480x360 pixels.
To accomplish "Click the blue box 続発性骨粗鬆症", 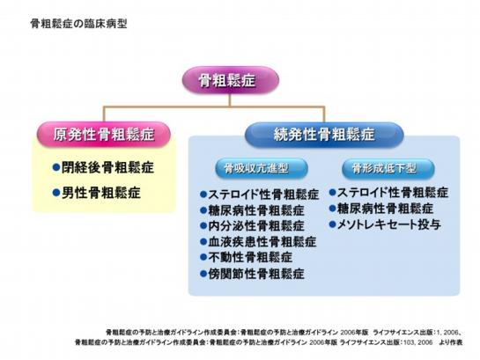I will tap(324, 135).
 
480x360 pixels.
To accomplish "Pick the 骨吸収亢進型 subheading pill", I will tap(254, 167).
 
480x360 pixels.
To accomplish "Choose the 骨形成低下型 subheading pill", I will tap(380, 167).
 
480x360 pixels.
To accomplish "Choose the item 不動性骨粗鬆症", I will tap(251, 257).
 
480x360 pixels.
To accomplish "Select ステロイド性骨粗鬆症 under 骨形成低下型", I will tap(393, 192).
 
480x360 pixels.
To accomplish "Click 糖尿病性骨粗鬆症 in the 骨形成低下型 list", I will tap(387, 209).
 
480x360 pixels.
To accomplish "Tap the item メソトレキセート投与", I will tap(387, 225).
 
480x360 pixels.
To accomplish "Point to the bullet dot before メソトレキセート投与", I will tap(333, 225).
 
